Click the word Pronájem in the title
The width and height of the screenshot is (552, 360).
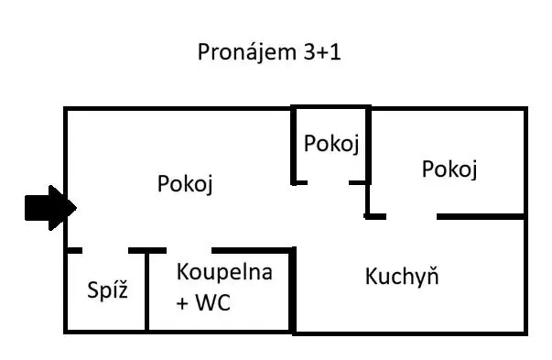point(243,53)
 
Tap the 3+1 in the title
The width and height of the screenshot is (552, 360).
point(322,52)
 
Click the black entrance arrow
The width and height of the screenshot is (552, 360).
point(50,208)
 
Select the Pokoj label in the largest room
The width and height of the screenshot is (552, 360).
point(185,184)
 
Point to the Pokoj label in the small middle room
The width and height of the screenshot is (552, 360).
point(331,144)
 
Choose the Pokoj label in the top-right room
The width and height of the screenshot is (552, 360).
point(449,169)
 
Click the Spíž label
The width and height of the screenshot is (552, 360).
point(107,289)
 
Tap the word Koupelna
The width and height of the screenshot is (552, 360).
point(224,272)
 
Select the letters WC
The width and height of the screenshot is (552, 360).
point(213,302)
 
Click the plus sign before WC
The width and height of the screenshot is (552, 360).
point(182,303)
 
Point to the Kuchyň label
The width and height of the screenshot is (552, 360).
point(402,276)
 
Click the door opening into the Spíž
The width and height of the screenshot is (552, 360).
point(105,250)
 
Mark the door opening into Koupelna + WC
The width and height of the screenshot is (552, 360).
point(189,250)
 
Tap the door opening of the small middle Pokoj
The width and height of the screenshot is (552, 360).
point(329,182)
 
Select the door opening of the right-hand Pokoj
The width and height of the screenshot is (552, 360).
point(412,216)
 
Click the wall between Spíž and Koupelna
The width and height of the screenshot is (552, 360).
point(146,290)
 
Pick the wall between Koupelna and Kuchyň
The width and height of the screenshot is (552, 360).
point(292,289)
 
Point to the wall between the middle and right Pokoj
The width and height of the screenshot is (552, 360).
point(368,163)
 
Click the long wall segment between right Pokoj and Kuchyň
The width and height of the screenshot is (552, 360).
point(482,216)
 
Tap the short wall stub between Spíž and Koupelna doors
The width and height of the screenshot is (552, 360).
point(147,250)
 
